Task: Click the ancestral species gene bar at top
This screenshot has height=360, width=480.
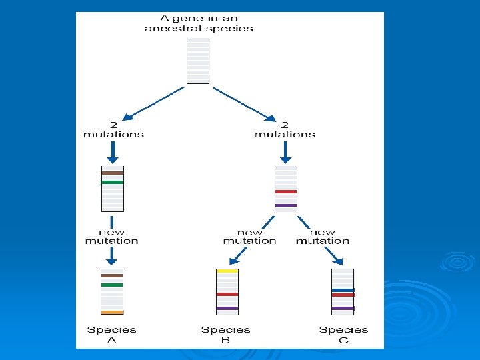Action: click(x=198, y=60)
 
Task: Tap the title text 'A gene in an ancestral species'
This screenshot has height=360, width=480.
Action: click(x=199, y=23)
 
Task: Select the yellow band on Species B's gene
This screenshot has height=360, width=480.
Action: click(x=227, y=272)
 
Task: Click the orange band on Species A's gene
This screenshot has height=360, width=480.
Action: click(x=112, y=312)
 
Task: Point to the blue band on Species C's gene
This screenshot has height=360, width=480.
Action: click(x=343, y=290)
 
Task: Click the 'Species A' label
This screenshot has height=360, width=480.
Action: click(x=111, y=335)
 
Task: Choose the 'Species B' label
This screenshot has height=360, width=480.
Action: click(x=225, y=335)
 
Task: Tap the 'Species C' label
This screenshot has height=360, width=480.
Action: click(x=343, y=335)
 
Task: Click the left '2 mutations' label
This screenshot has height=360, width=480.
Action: click(x=113, y=129)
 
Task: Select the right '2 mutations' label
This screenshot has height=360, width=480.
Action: click(x=285, y=129)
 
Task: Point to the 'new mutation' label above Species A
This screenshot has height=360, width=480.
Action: click(x=111, y=237)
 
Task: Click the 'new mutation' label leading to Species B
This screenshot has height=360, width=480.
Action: click(x=249, y=237)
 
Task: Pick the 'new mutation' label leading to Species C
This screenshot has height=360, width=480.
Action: click(x=323, y=237)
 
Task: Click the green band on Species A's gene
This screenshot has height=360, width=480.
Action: click(x=112, y=285)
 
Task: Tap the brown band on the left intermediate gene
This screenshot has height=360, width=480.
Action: click(x=112, y=173)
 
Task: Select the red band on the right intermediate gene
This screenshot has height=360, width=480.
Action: click(x=286, y=191)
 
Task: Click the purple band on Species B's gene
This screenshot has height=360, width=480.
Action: click(x=227, y=308)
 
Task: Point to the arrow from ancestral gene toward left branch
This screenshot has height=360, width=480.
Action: click(x=155, y=103)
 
